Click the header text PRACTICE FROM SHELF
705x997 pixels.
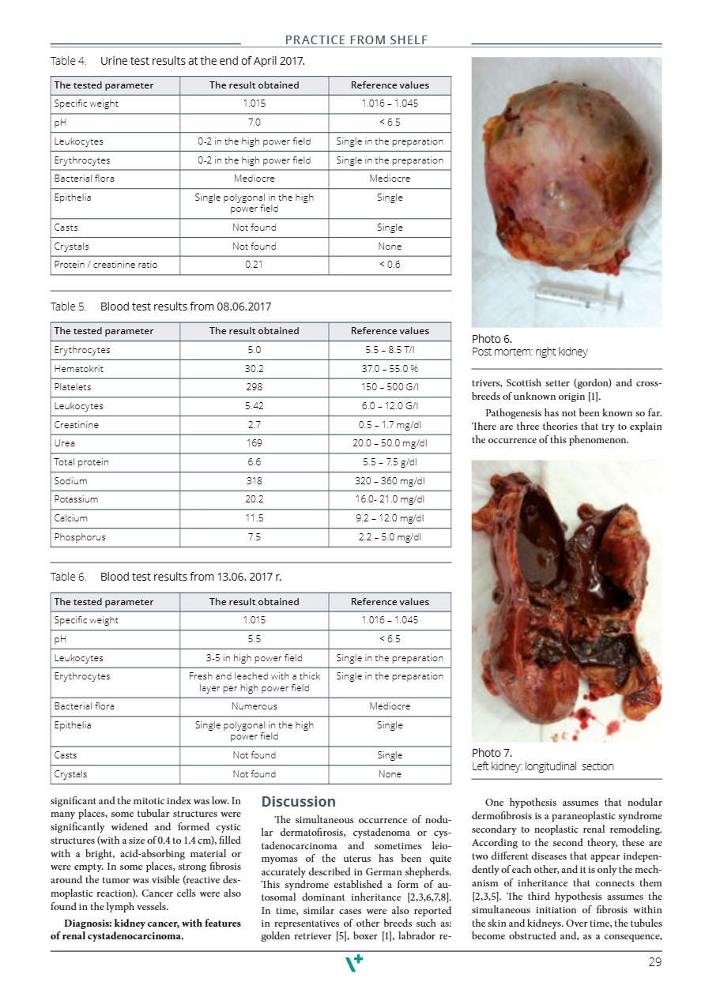(x=356, y=40)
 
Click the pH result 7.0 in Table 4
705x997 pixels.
(x=254, y=122)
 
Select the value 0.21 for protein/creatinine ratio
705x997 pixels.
(x=254, y=265)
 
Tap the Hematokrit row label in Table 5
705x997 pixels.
(x=76, y=368)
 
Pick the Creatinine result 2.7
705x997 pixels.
(x=254, y=424)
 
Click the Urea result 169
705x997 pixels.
(x=254, y=443)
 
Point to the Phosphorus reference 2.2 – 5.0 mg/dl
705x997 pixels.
(x=390, y=537)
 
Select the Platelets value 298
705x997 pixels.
(x=254, y=387)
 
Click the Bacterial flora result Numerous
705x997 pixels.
(x=254, y=706)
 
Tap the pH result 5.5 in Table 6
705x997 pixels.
(x=254, y=639)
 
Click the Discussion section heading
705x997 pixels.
(x=299, y=802)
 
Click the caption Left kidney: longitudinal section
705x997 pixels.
(x=542, y=766)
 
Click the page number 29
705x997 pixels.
(x=654, y=962)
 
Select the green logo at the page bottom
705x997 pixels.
(x=355, y=963)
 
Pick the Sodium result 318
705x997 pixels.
(x=254, y=481)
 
